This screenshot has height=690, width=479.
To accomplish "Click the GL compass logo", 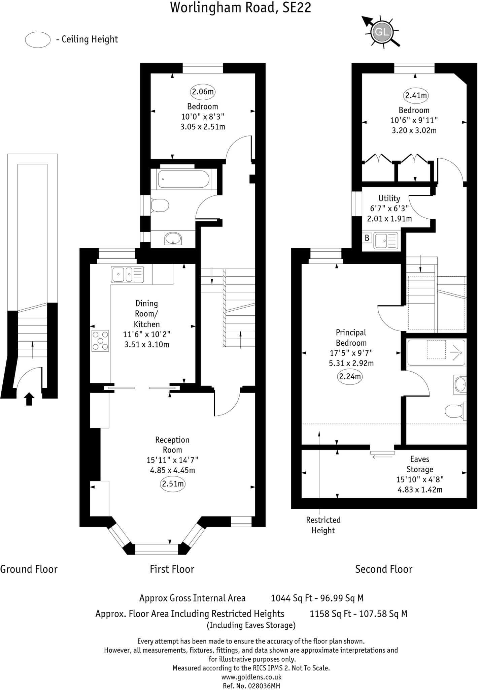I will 381,32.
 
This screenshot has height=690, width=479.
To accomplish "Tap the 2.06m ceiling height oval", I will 203,92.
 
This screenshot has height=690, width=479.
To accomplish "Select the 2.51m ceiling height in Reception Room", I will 173,484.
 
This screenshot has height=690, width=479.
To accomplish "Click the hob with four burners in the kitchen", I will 100,341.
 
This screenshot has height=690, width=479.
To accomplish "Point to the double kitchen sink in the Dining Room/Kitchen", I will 127,274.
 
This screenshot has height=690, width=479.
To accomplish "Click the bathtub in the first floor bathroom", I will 184,179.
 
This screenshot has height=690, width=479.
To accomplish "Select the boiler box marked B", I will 367,238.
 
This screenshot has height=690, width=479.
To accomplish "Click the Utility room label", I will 389,198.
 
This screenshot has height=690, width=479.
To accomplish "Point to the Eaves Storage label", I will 420,464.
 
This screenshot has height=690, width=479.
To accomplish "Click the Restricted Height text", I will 323,525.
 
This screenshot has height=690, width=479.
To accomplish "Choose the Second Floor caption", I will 383,569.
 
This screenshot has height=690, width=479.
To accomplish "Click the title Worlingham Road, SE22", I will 240,7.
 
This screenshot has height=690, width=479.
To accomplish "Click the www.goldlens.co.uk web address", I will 251,677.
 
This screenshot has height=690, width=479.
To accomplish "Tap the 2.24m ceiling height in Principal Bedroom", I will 350,376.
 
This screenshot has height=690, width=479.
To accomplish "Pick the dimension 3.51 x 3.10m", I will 147,344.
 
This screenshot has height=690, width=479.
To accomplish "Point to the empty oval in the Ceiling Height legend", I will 38,40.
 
